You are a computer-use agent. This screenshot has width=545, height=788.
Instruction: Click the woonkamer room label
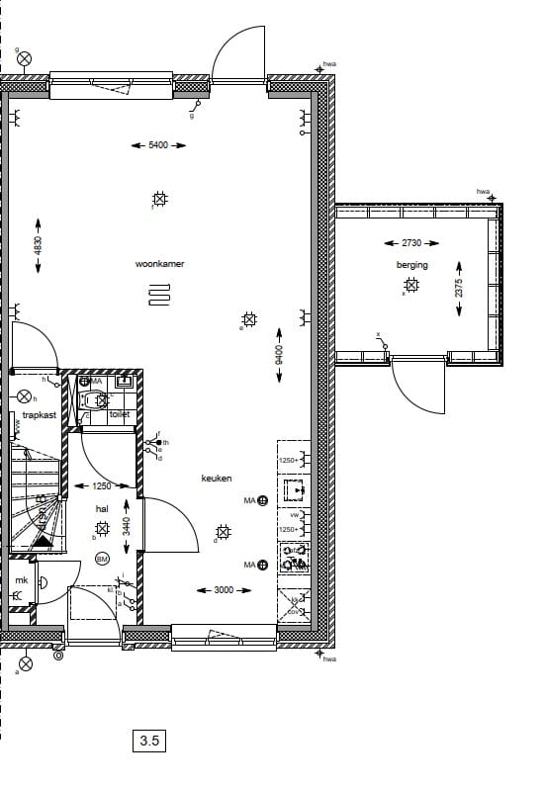(x=160, y=264)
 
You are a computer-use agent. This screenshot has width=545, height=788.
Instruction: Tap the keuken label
(x=217, y=478)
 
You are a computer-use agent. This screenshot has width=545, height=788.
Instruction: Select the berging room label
(x=412, y=265)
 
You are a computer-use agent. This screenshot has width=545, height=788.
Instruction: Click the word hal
(x=102, y=508)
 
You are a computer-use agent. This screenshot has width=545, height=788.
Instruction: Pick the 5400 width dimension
(x=158, y=145)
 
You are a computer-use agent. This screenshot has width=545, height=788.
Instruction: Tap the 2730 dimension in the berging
(x=410, y=243)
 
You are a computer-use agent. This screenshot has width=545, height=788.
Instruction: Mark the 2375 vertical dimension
(x=459, y=288)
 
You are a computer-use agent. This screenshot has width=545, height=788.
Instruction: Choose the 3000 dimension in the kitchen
(x=224, y=590)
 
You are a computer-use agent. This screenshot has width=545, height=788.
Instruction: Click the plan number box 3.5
(x=149, y=739)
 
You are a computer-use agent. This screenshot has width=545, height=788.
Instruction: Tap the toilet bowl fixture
(x=96, y=400)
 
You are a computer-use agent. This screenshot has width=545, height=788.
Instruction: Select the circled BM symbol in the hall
(x=102, y=560)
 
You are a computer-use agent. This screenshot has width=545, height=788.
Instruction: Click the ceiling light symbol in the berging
(x=410, y=286)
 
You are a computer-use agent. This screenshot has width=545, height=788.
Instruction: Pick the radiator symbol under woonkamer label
(x=160, y=296)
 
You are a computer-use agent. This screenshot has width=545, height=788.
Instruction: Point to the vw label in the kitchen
(x=294, y=515)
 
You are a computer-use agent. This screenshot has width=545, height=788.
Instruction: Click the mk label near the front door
(x=21, y=580)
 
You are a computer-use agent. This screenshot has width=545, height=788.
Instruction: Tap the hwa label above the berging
(x=483, y=192)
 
